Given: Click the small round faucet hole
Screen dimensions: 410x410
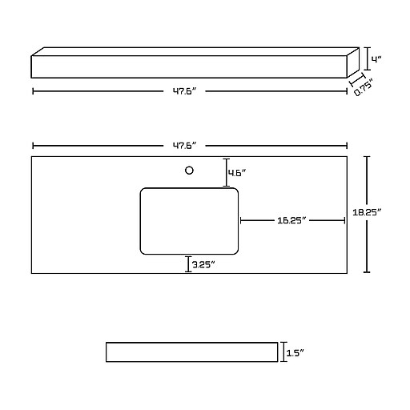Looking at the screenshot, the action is pyautogui.click(x=189, y=171).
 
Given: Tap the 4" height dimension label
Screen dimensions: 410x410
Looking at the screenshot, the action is pyautogui.click(x=377, y=59).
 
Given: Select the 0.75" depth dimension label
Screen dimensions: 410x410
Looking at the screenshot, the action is pyautogui.click(x=364, y=87).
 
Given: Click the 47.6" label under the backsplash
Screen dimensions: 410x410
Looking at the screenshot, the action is pyautogui.click(x=185, y=91).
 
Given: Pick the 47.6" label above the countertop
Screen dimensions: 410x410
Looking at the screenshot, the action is pyautogui.click(x=185, y=146).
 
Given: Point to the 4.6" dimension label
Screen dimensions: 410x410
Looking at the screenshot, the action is pyautogui.click(x=237, y=173).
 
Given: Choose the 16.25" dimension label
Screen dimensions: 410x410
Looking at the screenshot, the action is pyautogui.click(x=291, y=220).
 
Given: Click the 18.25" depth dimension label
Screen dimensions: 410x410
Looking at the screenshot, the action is pyautogui.click(x=367, y=212).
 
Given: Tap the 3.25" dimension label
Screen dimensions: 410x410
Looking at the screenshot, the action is pyautogui.click(x=203, y=264).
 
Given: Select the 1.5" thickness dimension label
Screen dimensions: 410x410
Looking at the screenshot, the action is pyautogui.click(x=295, y=353).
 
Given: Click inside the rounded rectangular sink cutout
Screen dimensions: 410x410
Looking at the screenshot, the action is pyautogui.click(x=189, y=221).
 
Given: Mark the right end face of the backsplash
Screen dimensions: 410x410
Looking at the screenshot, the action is pyautogui.click(x=353, y=62).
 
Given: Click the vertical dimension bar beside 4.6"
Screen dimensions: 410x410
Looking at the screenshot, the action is pyautogui.click(x=227, y=172).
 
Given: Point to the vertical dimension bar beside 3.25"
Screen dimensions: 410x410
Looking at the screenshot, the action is pyautogui.click(x=188, y=264).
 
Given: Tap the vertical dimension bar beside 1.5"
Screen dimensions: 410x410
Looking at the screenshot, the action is pyautogui.click(x=283, y=352).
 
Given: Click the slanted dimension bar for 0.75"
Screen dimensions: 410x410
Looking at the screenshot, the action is pyautogui.click(x=357, y=79).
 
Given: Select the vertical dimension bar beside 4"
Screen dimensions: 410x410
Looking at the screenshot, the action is pyautogui.click(x=368, y=58).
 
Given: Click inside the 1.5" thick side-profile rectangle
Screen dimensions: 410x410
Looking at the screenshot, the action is pyautogui.click(x=191, y=352).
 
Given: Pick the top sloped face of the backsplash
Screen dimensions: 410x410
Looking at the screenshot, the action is pyautogui.click(x=195, y=51).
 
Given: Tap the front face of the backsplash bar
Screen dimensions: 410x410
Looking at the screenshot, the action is pyautogui.click(x=189, y=66).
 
